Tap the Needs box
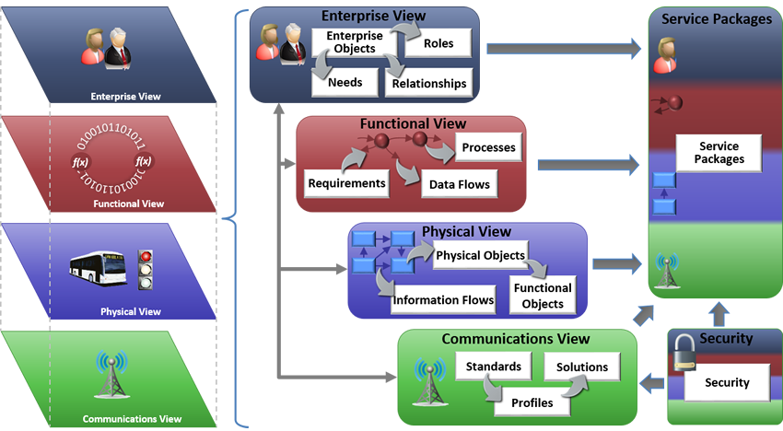pos(344,83)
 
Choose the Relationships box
pos(429,83)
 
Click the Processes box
pos(488,147)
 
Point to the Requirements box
pos(345,182)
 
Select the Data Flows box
pos(460,184)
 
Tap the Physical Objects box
pos(480,255)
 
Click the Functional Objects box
pos(543,296)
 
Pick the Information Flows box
pos(443,299)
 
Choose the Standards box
pos(493,367)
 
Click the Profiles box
pos(532,402)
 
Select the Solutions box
pos(581,367)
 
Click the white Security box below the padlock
pos(727,382)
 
